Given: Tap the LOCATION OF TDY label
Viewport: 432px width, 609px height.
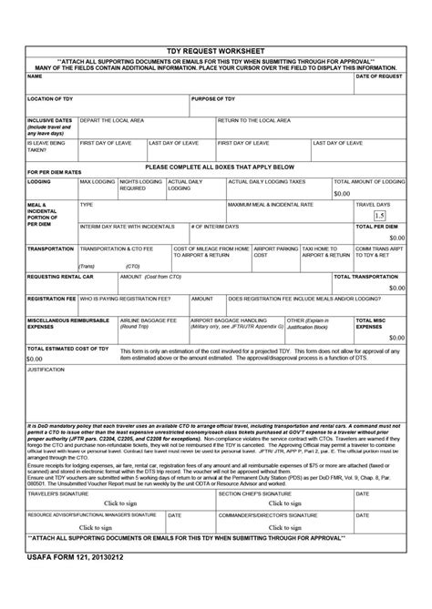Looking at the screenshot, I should (50, 97).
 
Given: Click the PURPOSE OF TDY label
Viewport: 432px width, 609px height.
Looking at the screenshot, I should (213, 97).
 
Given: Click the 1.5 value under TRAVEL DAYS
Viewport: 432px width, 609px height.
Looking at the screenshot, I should (378, 215).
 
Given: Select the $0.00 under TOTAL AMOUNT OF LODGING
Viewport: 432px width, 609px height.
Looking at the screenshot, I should (342, 194).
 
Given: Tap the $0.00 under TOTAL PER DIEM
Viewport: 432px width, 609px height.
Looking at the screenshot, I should (396, 237).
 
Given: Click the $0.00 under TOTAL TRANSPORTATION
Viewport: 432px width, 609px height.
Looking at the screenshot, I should (396, 287).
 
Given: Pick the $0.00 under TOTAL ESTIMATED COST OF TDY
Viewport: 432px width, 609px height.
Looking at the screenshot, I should (36, 359).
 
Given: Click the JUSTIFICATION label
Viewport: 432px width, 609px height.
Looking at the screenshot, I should (46, 371).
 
